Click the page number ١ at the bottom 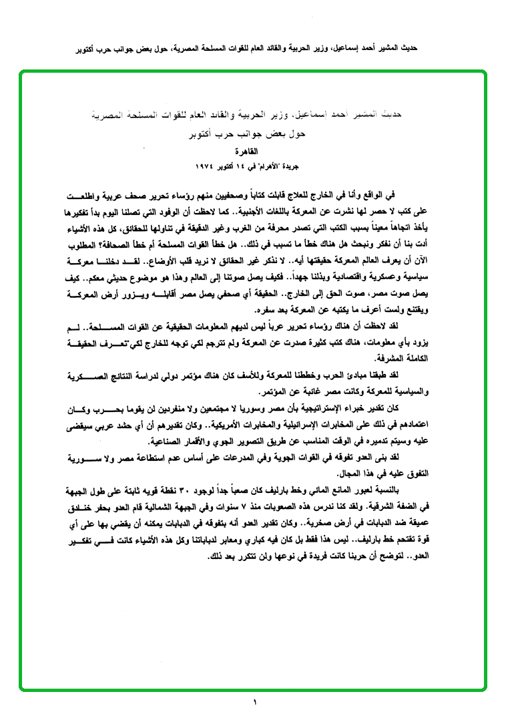pyautogui.click(x=254, y=702)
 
